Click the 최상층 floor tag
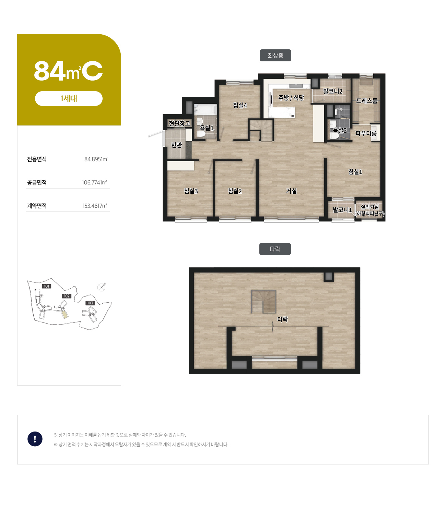click(x=275, y=55)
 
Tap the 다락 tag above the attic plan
click(x=275, y=249)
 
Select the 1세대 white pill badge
click(x=69, y=98)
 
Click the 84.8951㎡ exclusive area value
click(x=96, y=159)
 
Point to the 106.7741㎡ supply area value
click(x=94, y=182)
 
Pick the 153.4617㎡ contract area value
click(x=95, y=206)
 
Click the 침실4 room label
click(x=240, y=105)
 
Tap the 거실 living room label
click(x=291, y=191)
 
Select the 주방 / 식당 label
click(x=291, y=98)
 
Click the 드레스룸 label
click(x=366, y=101)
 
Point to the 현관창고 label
click(x=179, y=123)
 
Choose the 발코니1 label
click(x=342, y=210)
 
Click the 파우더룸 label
click(x=366, y=133)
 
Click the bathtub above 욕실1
click(x=206, y=110)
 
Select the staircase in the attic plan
click(x=263, y=301)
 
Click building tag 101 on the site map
click(x=47, y=286)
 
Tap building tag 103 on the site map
click(x=90, y=303)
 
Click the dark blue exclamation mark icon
click(x=35, y=439)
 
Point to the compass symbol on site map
click(x=102, y=287)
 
